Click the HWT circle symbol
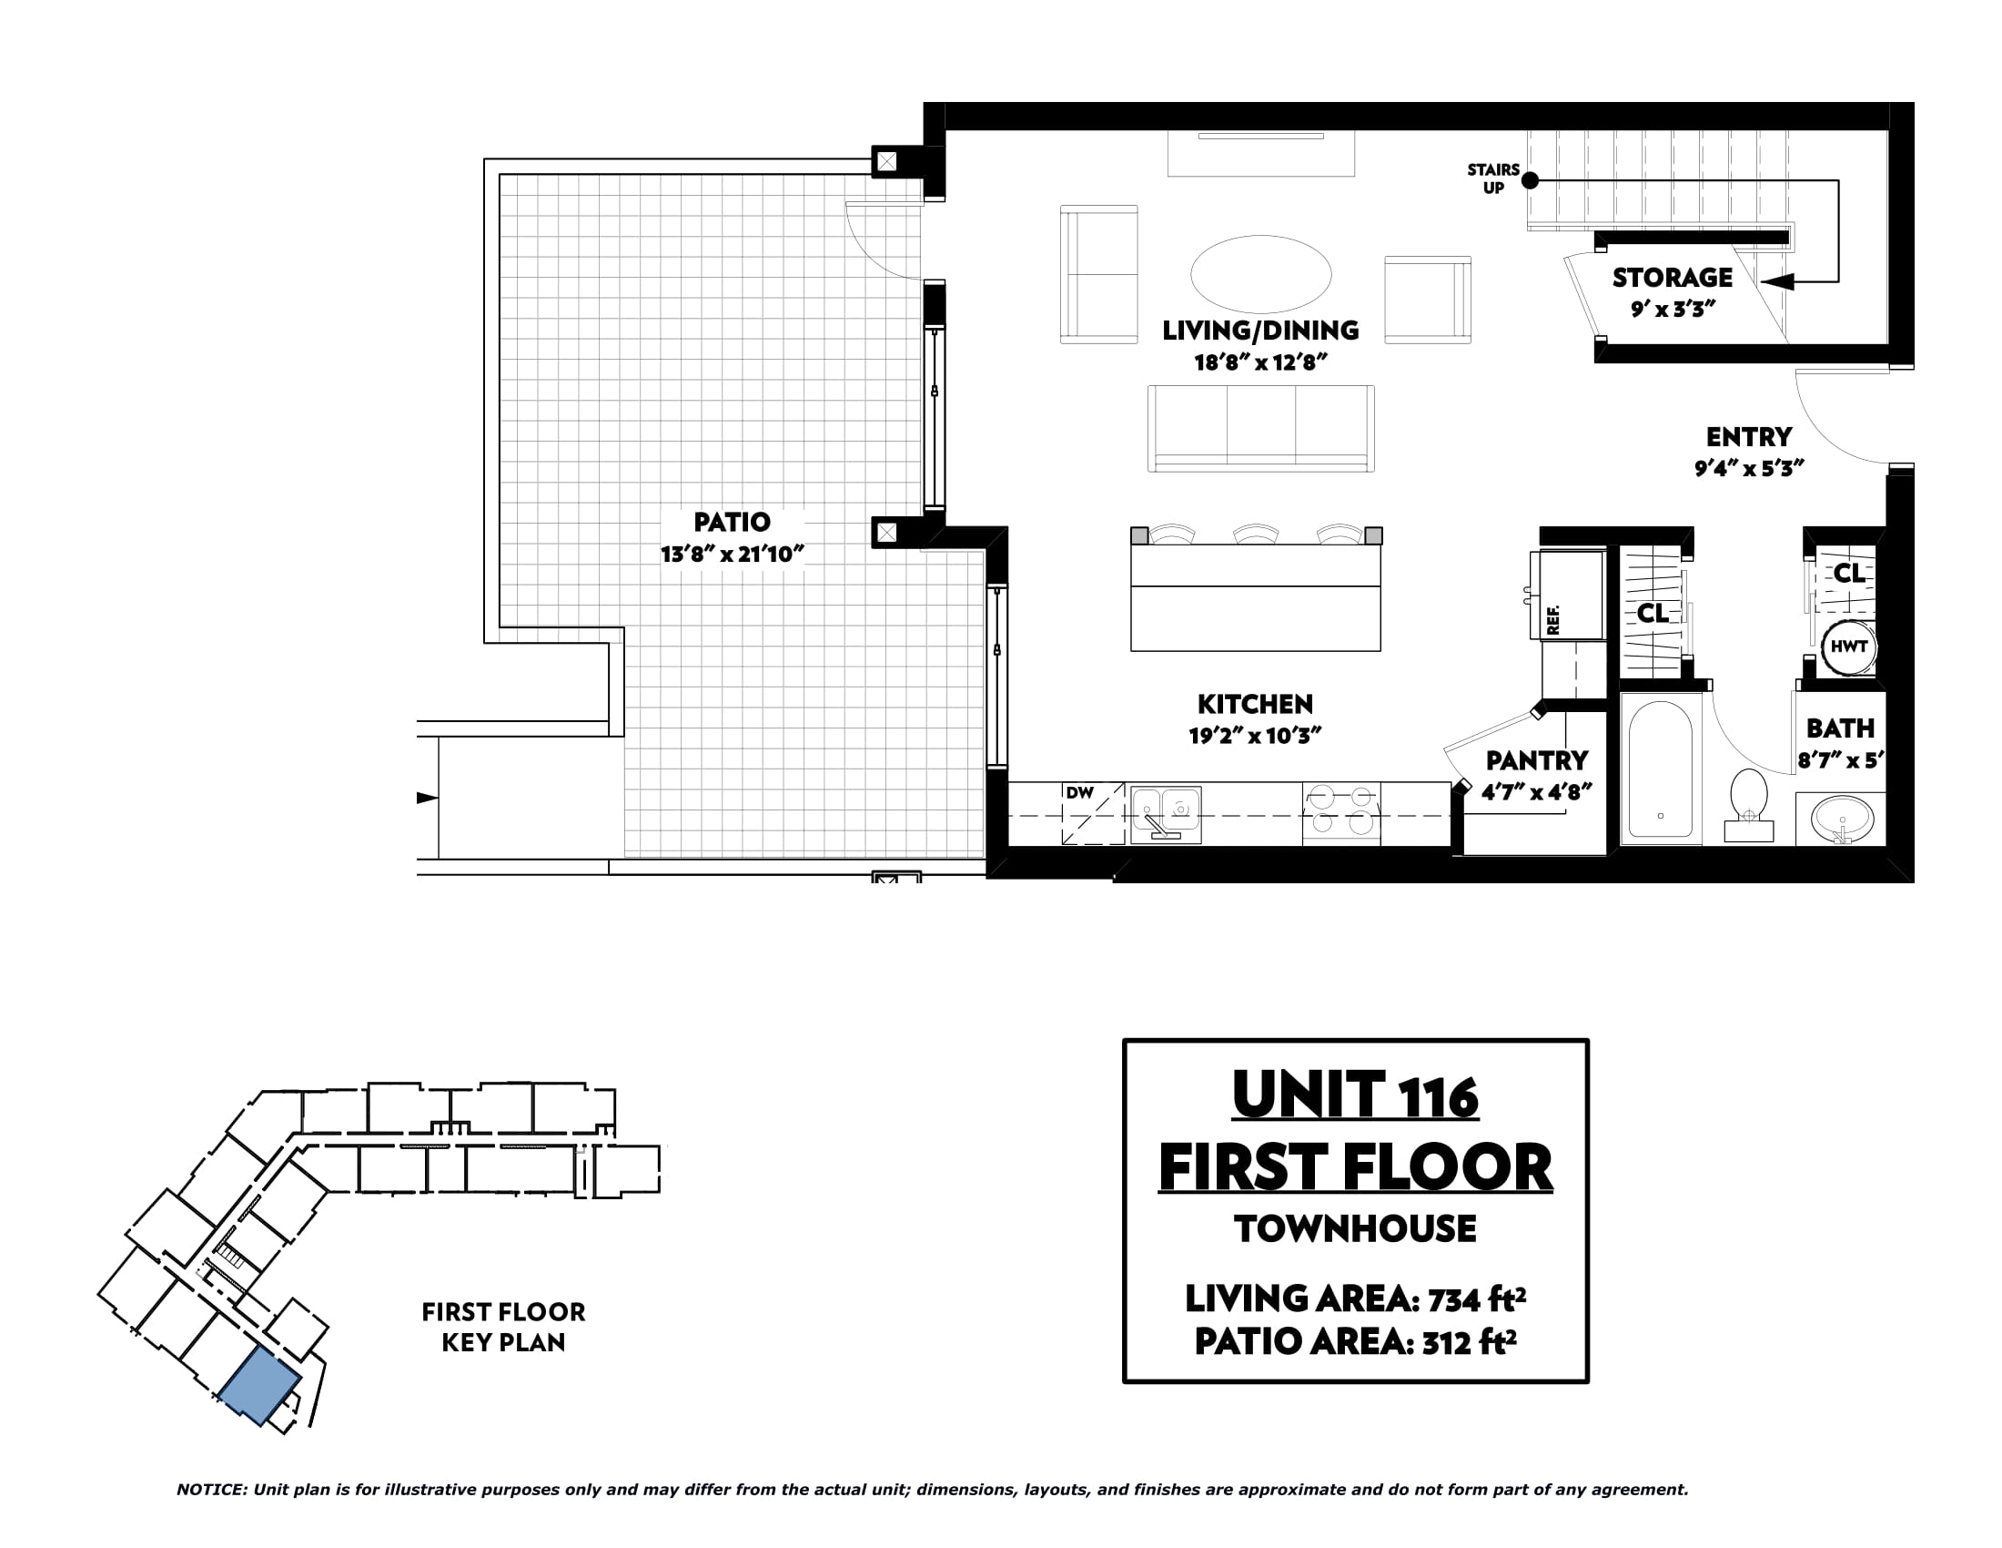(1848, 647)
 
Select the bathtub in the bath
(1660, 769)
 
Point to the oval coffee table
(1260, 274)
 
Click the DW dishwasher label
(1080, 792)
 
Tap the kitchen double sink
(1165, 813)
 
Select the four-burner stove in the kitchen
(1341, 813)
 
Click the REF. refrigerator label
(1552, 619)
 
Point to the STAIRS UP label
(1493, 178)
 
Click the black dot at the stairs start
(1530, 180)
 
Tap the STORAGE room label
(1673, 278)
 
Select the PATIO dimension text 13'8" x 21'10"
(732, 554)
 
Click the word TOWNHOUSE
(1355, 1229)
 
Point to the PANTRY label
(1536, 760)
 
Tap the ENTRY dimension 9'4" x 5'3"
(1749, 469)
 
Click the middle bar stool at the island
(1256, 534)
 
